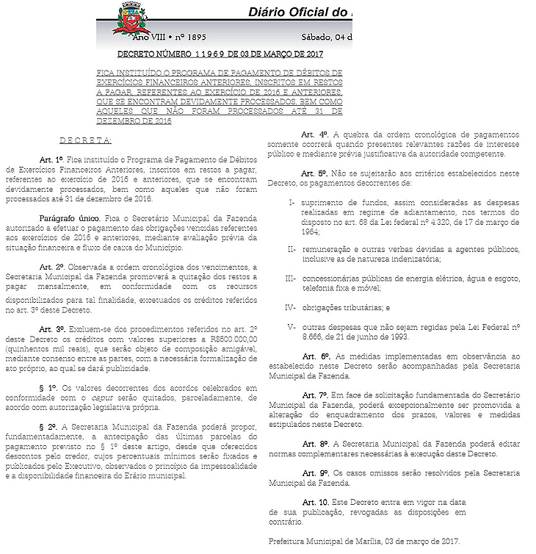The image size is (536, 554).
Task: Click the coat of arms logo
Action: click(131, 20)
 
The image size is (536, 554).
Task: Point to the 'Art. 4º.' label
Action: click(314, 134)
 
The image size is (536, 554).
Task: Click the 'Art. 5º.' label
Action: click(314, 173)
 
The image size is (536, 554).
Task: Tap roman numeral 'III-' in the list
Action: click(290, 278)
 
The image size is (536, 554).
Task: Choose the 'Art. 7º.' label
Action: click(314, 395)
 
